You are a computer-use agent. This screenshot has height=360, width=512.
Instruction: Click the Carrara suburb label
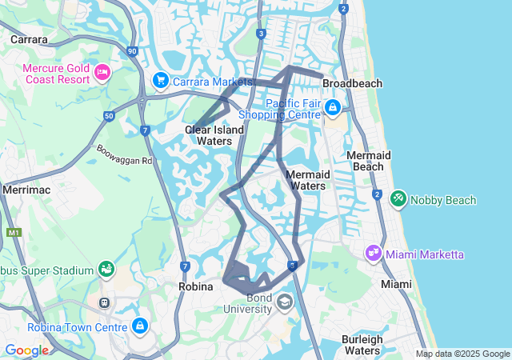tap(29, 38)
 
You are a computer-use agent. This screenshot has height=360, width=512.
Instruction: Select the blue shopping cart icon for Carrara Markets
tap(160, 81)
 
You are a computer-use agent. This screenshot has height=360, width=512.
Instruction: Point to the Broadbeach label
tap(352, 83)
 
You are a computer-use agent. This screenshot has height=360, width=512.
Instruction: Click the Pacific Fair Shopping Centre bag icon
tap(332, 107)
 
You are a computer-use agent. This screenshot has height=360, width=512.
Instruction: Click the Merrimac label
tap(26, 190)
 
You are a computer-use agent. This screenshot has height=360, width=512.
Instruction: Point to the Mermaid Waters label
tap(306, 180)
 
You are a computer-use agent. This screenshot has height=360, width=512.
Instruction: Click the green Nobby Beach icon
tap(398, 198)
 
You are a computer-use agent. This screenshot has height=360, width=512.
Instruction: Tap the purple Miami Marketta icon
tap(373, 254)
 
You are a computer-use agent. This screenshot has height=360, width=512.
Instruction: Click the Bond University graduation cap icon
tap(285, 302)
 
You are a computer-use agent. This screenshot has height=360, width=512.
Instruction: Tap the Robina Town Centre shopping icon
tap(141, 326)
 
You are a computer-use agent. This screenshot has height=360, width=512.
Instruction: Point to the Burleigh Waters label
tap(361, 345)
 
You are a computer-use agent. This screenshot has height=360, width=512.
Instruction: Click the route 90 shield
tap(132, 50)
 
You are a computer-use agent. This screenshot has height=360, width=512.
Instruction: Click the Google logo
tap(26, 350)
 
